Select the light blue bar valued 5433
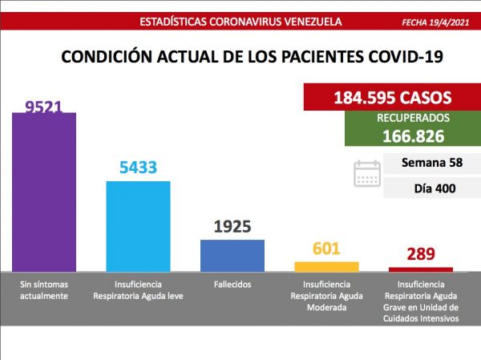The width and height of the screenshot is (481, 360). [x=138, y=225]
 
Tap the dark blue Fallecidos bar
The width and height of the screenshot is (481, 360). [x=232, y=254]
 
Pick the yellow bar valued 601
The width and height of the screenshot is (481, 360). [x=326, y=265]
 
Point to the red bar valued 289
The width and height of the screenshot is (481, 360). [x=420, y=269]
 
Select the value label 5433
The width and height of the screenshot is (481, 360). [x=138, y=168]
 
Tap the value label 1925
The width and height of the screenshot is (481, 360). [x=232, y=226]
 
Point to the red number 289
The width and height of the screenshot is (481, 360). [x=420, y=255]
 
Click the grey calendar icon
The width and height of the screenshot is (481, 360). [x=367, y=173]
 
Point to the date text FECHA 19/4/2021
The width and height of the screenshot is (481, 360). [x=436, y=22]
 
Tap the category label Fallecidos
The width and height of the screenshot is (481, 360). [x=232, y=285]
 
